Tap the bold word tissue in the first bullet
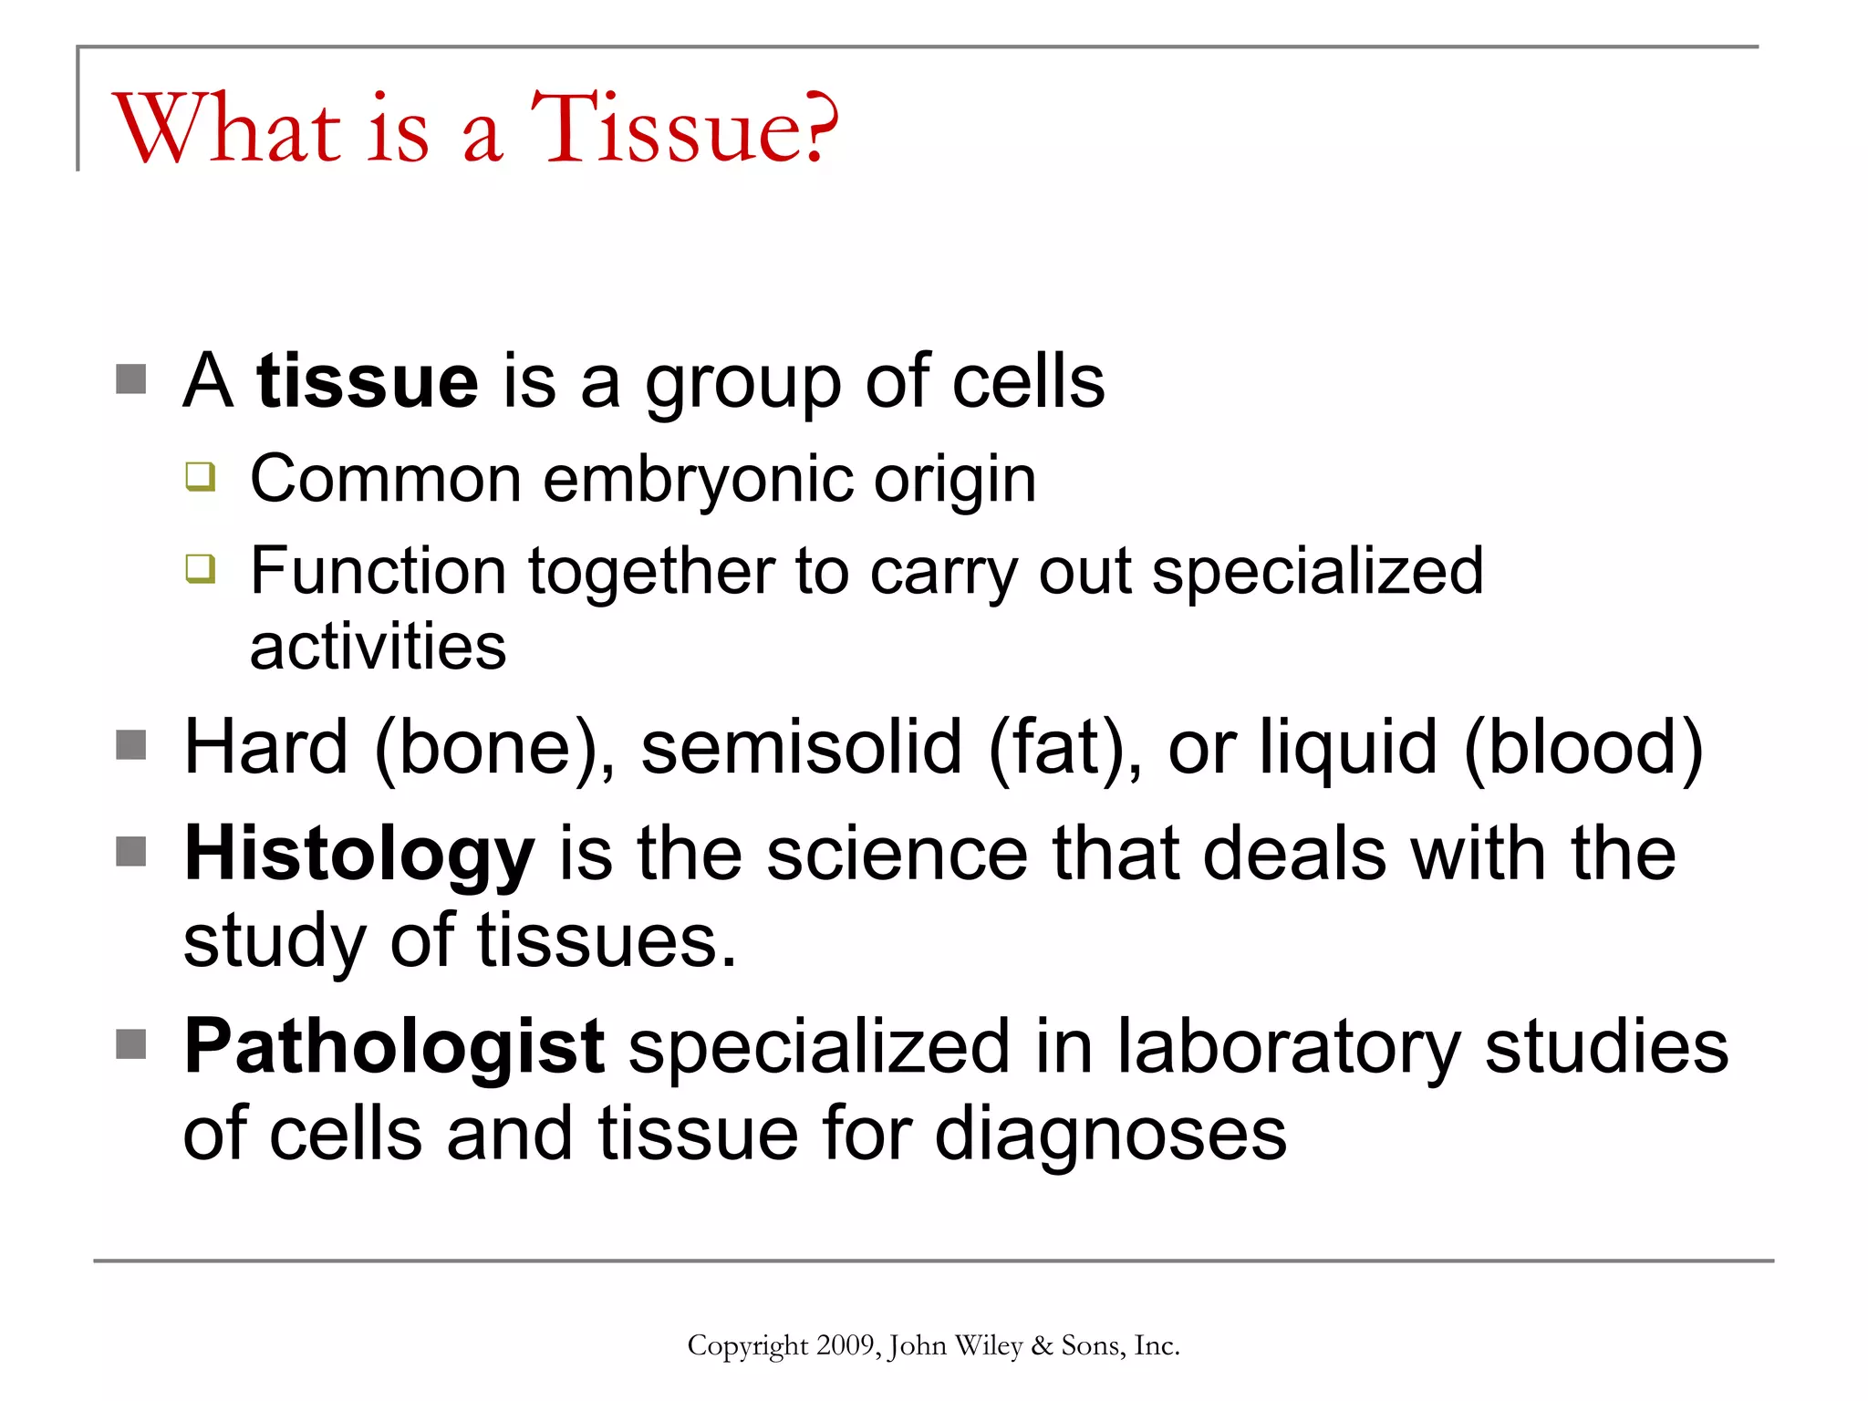click(368, 381)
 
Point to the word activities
click(378, 648)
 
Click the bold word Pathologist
click(394, 1047)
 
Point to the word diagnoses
click(1111, 1135)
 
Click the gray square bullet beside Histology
click(131, 852)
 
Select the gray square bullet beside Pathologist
click(131, 1044)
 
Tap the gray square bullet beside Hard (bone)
click(131, 745)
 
